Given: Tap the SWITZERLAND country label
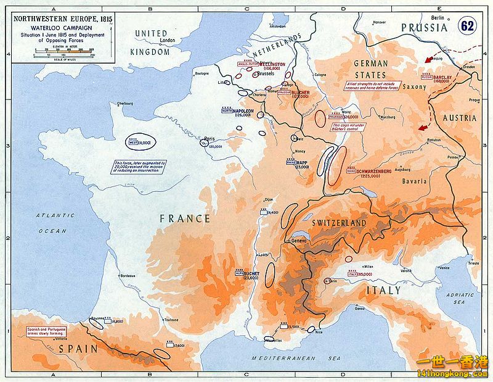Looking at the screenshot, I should click(339, 223).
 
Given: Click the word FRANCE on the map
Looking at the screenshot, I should click(185, 218).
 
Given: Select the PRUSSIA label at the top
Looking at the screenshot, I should click(425, 28).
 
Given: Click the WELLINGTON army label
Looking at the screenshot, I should click(272, 64).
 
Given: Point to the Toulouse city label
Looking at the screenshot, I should click(171, 320).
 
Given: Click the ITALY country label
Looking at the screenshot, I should click(385, 290).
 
